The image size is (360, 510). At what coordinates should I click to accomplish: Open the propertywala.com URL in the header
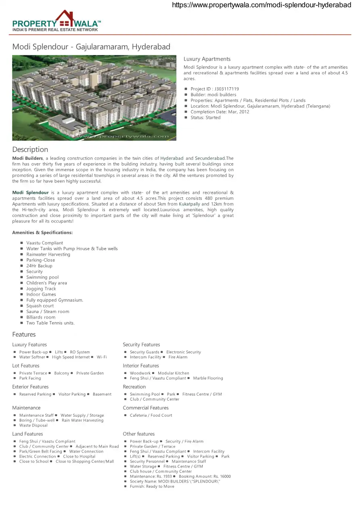[x=262, y=5]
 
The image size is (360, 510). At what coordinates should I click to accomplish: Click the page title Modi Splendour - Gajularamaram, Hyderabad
[x=91, y=47]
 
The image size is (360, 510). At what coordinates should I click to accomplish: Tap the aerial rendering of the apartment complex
[x=94, y=98]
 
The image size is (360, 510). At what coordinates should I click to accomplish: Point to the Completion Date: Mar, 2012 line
[x=220, y=112]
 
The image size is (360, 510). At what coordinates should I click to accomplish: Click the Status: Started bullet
[x=205, y=118]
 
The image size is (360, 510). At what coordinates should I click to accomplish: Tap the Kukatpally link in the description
[x=189, y=204]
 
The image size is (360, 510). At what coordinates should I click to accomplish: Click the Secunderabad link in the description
[x=210, y=158]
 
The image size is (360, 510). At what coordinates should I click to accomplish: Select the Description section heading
[x=30, y=149]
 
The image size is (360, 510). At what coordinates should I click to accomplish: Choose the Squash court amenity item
[x=40, y=306]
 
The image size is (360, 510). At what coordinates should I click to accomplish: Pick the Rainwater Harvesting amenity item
[x=48, y=254]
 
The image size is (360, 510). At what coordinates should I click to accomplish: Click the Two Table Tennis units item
[x=50, y=323]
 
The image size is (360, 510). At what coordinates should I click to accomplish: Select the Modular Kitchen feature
[x=173, y=373]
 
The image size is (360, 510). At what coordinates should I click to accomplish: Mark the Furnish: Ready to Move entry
[x=152, y=487]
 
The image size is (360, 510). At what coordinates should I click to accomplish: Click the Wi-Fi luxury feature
[x=102, y=357]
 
